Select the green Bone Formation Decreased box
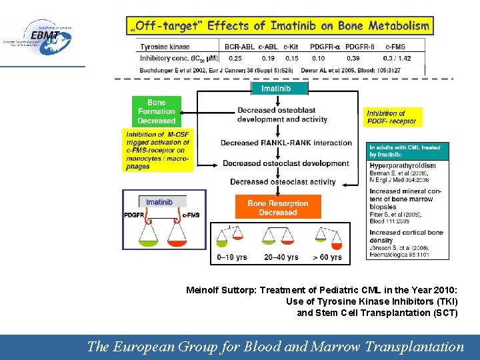click(157, 111)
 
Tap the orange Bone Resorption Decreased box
click(278, 207)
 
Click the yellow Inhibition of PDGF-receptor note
click(392, 117)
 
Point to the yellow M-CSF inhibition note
click(157, 151)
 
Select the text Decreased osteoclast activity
click(283, 181)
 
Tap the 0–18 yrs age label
click(232, 257)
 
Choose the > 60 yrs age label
click(327, 257)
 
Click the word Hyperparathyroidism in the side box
click(403, 165)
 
